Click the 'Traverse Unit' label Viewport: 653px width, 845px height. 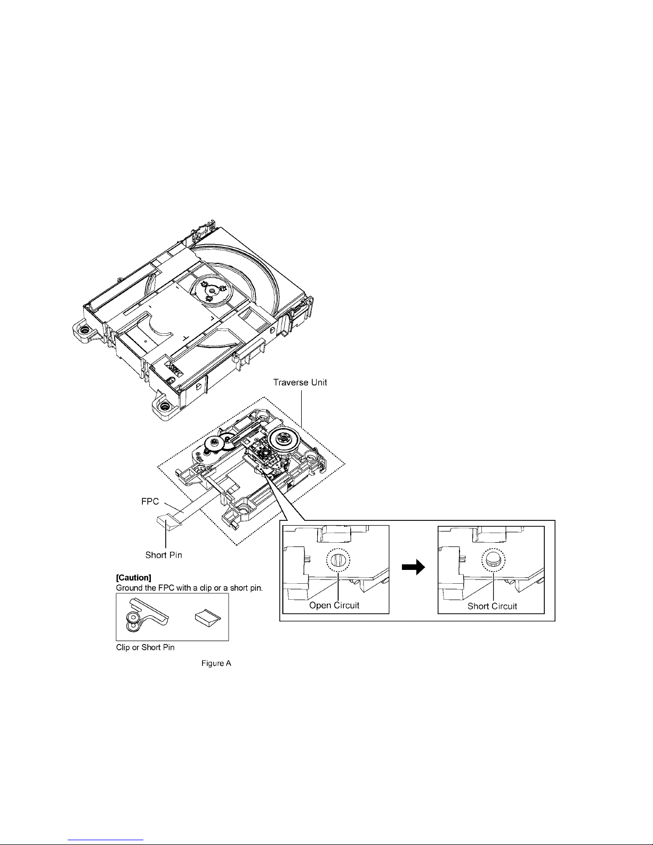click(x=300, y=382)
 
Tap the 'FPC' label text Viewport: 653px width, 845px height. click(x=150, y=501)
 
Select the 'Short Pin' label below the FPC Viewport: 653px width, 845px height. click(x=164, y=555)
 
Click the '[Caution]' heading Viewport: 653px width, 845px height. click(x=134, y=577)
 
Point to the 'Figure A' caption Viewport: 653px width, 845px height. click(x=216, y=663)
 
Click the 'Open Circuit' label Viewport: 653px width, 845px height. click(x=334, y=605)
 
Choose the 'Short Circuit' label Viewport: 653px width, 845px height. click(x=492, y=606)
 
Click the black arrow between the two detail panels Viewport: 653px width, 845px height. click(x=413, y=567)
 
